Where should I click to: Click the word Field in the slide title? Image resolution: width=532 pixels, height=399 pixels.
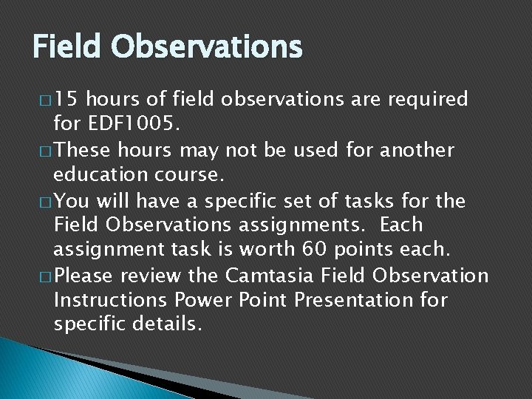(68, 47)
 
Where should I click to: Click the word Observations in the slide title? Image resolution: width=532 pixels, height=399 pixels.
(207, 47)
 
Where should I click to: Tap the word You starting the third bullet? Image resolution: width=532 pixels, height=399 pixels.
(70, 200)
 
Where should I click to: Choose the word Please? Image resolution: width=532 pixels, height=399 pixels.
(83, 276)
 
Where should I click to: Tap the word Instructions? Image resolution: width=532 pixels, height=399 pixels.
(111, 301)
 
